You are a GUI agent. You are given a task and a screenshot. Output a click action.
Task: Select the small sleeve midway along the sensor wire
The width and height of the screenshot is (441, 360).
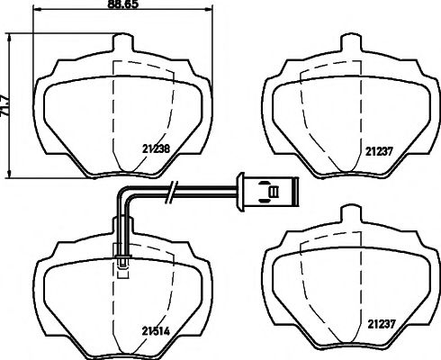(171, 189)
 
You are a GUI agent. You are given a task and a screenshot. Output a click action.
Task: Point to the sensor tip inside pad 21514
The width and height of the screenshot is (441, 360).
(121, 264)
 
